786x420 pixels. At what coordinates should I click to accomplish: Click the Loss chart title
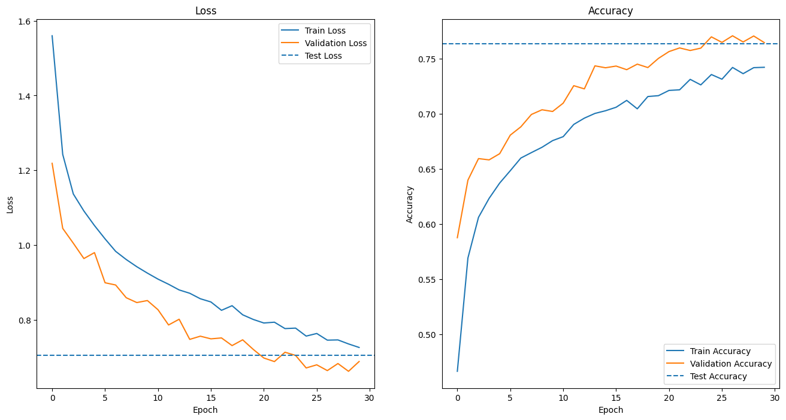pyautogui.click(x=205, y=11)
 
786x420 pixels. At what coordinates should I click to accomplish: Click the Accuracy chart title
pyautogui.click(x=610, y=11)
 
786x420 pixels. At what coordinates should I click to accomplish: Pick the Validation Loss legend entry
pyautogui.click(x=335, y=43)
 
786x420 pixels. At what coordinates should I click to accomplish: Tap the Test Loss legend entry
pyautogui.click(x=324, y=56)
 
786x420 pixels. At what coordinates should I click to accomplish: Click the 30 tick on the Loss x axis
pyautogui.click(x=370, y=398)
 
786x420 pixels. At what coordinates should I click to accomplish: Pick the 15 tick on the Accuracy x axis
pyautogui.click(x=616, y=398)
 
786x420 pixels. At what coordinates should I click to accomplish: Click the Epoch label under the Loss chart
pyautogui.click(x=205, y=410)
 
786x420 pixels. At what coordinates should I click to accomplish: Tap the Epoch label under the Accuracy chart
pyautogui.click(x=610, y=410)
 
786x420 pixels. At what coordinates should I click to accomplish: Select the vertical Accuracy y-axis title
pyautogui.click(x=410, y=204)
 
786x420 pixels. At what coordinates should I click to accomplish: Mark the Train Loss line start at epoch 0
pyautogui.click(x=52, y=36)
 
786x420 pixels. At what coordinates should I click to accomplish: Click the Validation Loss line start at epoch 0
pyautogui.click(x=52, y=163)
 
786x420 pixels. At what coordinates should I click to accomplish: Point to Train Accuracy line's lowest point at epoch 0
pyautogui.click(x=458, y=371)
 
